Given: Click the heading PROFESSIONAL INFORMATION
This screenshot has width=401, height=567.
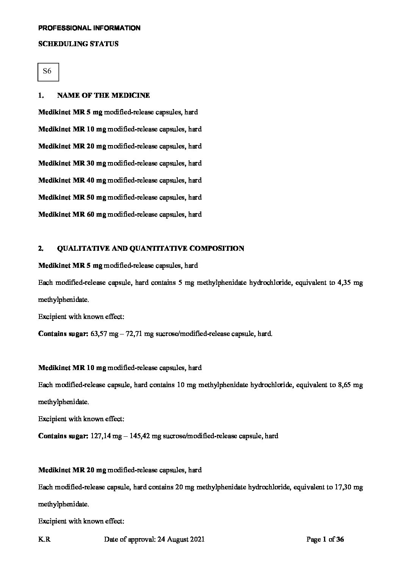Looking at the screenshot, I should (89, 28).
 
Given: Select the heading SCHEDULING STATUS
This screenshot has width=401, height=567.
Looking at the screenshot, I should (78, 44).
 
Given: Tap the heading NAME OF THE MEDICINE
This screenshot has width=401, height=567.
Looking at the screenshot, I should (103, 95).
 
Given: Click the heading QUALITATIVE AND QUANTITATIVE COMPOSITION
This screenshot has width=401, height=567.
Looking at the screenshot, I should (150, 248).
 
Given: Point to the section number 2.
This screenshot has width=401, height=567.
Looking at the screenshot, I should (41, 248).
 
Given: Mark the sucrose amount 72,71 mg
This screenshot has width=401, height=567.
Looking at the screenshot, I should (141, 334).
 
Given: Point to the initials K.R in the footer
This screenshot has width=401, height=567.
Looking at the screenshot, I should (44, 540).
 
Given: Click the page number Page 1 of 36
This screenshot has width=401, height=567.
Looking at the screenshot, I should (325, 540).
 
